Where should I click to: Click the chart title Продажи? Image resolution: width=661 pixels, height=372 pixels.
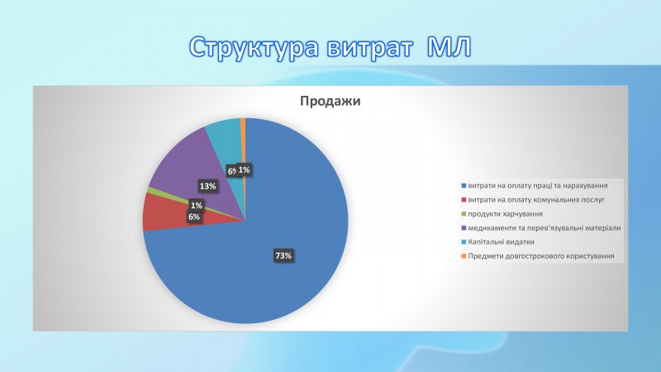pos(330,101)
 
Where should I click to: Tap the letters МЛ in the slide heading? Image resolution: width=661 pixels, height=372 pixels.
pos(449,47)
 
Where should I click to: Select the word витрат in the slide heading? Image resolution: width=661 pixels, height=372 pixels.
pos(369,48)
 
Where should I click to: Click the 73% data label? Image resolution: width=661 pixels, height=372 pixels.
pos(283,255)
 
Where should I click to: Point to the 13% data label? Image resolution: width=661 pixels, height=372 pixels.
pos(208,186)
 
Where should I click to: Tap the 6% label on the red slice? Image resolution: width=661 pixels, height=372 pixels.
pos(194,217)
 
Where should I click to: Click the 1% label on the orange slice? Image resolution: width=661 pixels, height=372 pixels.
pos(244,170)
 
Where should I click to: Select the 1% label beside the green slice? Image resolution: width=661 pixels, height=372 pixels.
pos(197,205)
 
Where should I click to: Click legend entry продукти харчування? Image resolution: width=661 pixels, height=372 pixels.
pos(502,214)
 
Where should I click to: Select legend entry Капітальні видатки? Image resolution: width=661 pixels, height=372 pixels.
pos(498,242)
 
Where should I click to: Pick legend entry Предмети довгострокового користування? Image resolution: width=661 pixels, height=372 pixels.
pos(538,256)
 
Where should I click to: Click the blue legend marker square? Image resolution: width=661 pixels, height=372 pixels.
pos(464,185)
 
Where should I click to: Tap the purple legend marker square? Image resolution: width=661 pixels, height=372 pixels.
pos(464,228)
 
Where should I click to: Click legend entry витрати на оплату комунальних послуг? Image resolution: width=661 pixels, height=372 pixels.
pos(533,200)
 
